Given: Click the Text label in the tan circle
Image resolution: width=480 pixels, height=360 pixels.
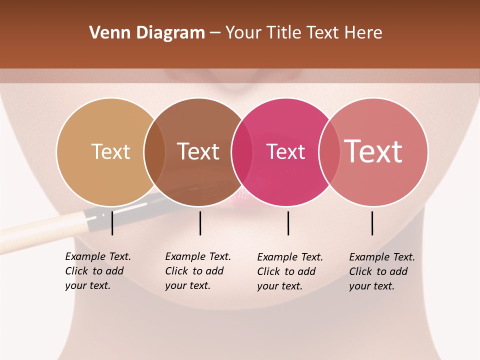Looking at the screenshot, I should [x=110, y=151].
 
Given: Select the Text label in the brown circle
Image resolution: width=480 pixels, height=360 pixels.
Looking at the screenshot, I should [x=198, y=151].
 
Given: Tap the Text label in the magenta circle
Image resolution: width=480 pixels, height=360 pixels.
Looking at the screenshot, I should [x=285, y=152].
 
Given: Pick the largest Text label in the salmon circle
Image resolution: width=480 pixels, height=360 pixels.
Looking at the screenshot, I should [x=373, y=151].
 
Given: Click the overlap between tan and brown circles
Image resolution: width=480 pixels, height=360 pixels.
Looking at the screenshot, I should [x=154, y=152].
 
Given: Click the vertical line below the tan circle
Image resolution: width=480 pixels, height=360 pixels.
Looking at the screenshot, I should [x=112, y=223].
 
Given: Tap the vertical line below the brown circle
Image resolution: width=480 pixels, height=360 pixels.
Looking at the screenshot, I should [x=200, y=223].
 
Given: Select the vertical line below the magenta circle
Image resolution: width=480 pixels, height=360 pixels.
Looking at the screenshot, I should [x=288, y=223].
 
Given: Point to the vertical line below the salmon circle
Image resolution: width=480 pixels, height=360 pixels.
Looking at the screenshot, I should [x=372, y=223].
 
